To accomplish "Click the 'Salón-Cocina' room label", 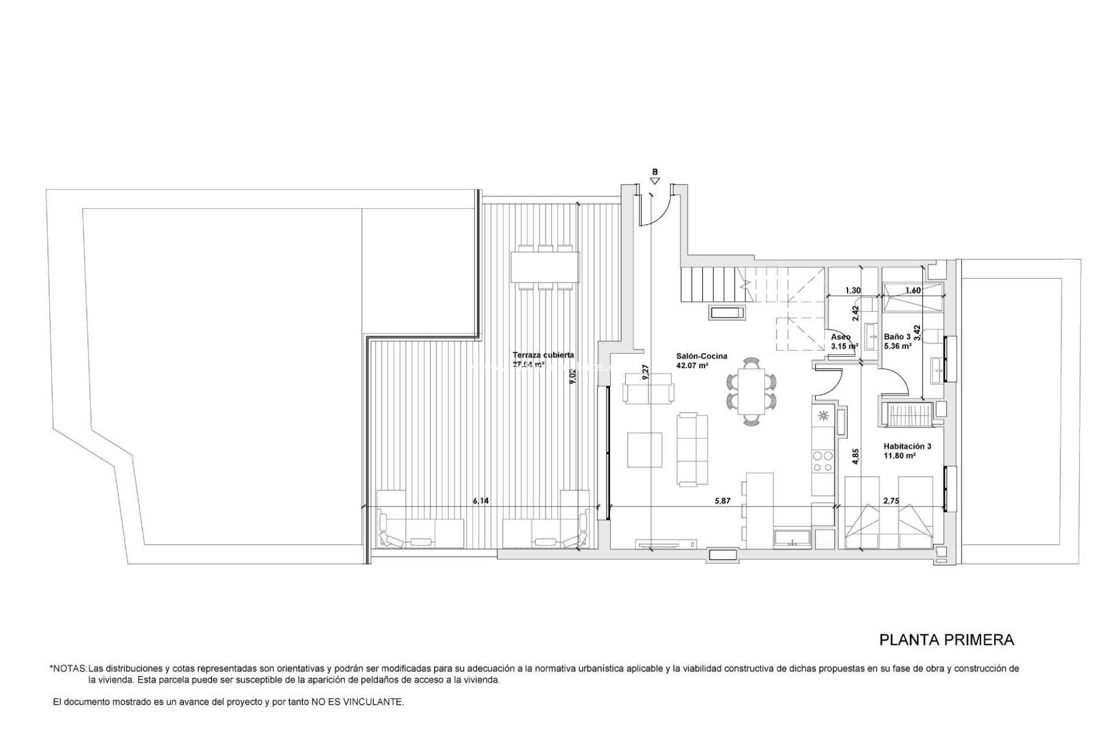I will tap(701, 356).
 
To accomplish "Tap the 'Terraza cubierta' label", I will tap(543, 355).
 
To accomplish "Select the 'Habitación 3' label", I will tap(907, 446).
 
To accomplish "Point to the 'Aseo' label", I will tap(841, 337).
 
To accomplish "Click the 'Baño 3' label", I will tap(897, 337).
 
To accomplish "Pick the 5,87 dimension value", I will tap(722, 501).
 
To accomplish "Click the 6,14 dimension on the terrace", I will tap(481, 501).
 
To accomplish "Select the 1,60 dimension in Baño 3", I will tap(913, 290).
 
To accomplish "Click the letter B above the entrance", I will tap(654, 171).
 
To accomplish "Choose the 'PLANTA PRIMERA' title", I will tap(946, 639).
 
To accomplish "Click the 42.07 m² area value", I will tap(692, 365).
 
